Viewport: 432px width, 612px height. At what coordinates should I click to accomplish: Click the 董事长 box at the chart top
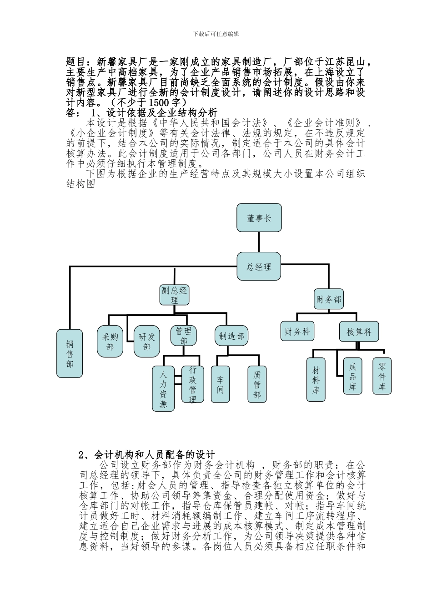[x=259, y=218]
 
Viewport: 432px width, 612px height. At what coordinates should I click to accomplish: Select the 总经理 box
[x=259, y=266]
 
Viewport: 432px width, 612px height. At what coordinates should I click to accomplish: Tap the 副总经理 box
[x=175, y=295]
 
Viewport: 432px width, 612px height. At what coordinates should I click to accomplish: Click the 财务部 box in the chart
[x=329, y=300]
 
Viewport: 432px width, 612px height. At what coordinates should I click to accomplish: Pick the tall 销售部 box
[x=70, y=353]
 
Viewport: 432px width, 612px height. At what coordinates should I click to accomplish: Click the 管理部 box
[x=183, y=336]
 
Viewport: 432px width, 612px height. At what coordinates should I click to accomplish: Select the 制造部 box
[x=231, y=336]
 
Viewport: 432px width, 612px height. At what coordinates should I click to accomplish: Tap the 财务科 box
[x=297, y=331]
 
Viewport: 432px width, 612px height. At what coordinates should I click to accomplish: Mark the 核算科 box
[x=359, y=332]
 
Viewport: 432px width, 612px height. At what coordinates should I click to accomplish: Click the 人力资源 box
[x=163, y=388]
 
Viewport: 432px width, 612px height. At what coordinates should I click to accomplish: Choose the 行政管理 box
[x=193, y=384]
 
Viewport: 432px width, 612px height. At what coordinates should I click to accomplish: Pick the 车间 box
[x=221, y=384]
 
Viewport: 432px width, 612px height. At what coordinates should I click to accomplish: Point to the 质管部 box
[x=257, y=384]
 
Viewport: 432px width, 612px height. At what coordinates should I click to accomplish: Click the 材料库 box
[x=316, y=380]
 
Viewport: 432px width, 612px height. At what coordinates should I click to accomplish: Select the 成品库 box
[x=352, y=376]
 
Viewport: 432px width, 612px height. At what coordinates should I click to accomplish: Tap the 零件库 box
[x=382, y=376]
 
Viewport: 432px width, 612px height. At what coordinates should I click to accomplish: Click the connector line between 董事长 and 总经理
[x=259, y=241]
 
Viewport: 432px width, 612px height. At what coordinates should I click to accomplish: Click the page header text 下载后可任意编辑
[x=216, y=34]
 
